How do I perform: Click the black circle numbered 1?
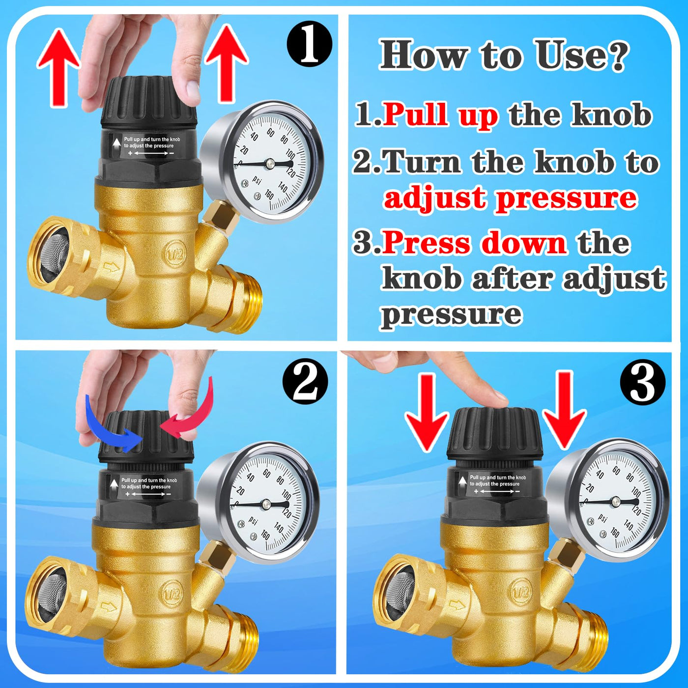(309, 44)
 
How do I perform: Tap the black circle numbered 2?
(305, 381)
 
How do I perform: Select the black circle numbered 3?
(643, 381)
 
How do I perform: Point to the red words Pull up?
(440, 115)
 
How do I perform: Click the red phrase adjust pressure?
(510, 198)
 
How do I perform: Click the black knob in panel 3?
(495, 434)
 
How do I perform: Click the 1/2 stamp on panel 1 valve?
(175, 254)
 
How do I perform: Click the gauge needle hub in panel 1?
(270, 164)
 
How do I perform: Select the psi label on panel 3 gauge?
(602, 517)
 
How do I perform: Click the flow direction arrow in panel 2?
(109, 606)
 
